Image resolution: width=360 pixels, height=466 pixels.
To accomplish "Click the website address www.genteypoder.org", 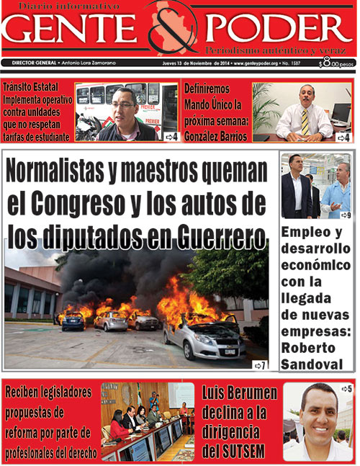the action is tap(259, 63).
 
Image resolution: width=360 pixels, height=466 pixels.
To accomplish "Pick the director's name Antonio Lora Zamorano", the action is tap(87, 63).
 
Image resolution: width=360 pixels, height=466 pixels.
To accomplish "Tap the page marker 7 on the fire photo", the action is tap(260, 366).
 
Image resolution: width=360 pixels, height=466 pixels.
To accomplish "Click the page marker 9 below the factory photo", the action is tap(345, 215).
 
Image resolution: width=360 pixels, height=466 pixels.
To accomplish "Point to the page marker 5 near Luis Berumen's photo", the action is tap(346, 389).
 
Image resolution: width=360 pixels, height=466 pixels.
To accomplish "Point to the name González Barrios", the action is tap(215, 136).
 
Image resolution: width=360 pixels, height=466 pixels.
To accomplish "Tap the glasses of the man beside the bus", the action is tap(125, 104).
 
